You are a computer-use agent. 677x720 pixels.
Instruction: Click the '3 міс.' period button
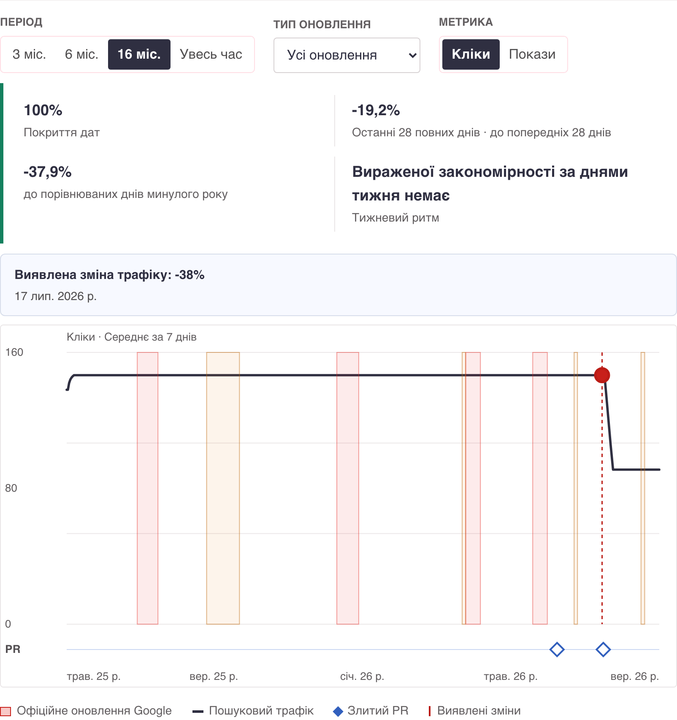coord(29,54)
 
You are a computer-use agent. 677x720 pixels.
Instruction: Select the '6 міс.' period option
coord(81,54)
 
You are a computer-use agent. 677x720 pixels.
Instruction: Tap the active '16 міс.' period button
coord(139,54)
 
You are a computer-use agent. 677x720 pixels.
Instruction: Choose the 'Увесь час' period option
coord(211,54)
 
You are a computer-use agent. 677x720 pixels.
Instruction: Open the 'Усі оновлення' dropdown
coord(347,55)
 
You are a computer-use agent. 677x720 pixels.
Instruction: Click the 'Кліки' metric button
coord(471,54)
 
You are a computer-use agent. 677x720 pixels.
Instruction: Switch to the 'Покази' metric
coord(532,54)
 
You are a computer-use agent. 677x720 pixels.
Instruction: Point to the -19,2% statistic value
coord(376,111)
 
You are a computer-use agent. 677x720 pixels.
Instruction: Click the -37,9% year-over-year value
coord(48,172)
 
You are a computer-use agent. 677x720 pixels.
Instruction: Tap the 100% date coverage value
coord(43,111)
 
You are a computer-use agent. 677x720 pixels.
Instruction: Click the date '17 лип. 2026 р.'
coord(56,296)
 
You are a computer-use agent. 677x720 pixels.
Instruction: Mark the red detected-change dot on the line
coord(602,375)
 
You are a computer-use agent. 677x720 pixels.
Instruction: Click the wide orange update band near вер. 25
coord(223,488)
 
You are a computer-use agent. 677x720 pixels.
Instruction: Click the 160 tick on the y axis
coord(14,352)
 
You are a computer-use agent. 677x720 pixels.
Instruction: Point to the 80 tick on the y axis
coord(11,488)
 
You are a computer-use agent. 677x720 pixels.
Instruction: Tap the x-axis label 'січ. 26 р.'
coord(362,677)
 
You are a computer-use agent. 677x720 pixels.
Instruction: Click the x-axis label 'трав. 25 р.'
coord(94,677)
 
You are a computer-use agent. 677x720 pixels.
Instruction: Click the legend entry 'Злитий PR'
coord(371,711)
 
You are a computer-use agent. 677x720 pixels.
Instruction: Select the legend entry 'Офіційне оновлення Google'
coord(86,711)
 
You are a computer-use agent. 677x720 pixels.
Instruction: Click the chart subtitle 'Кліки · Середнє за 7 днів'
coord(132,337)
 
